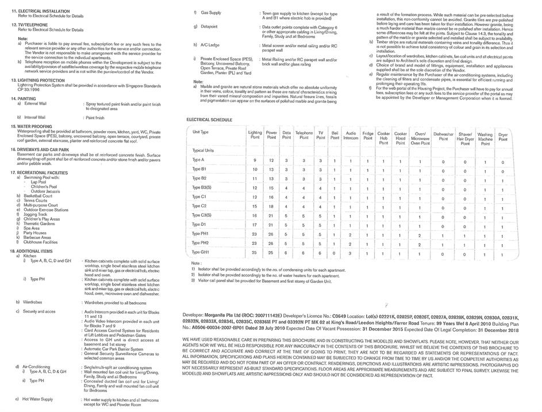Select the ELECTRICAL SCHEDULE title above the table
pyautogui.click(x=209, y=119)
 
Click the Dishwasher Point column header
pyautogui.click(x=443, y=136)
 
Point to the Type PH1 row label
pyautogui.click(x=200, y=233)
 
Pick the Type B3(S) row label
pyautogui.click(x=202, y=187)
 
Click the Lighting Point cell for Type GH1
pyautogui.click(x=255, y=252)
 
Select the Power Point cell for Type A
pyautogui.click(x=271, y=160)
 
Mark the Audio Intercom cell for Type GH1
pyautogui.click(x=351, y=252)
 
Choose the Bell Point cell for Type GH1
pyautogui.click(x=335, y=252)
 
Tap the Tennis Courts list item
pyautogui.click(x=35, y=200)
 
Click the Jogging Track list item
pyautogui.click(x=34, y=214)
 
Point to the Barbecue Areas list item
pyautogui.click(x=37, y=237)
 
